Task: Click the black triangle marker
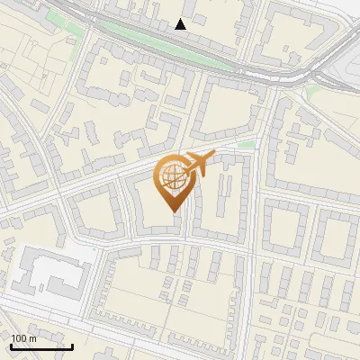(x=181, y=24)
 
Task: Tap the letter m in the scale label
(x=32, y=338)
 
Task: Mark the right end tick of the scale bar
(x=72, y=346)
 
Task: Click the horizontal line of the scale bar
(x=40, y=347)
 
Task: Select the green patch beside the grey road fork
(x=314, y=92)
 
